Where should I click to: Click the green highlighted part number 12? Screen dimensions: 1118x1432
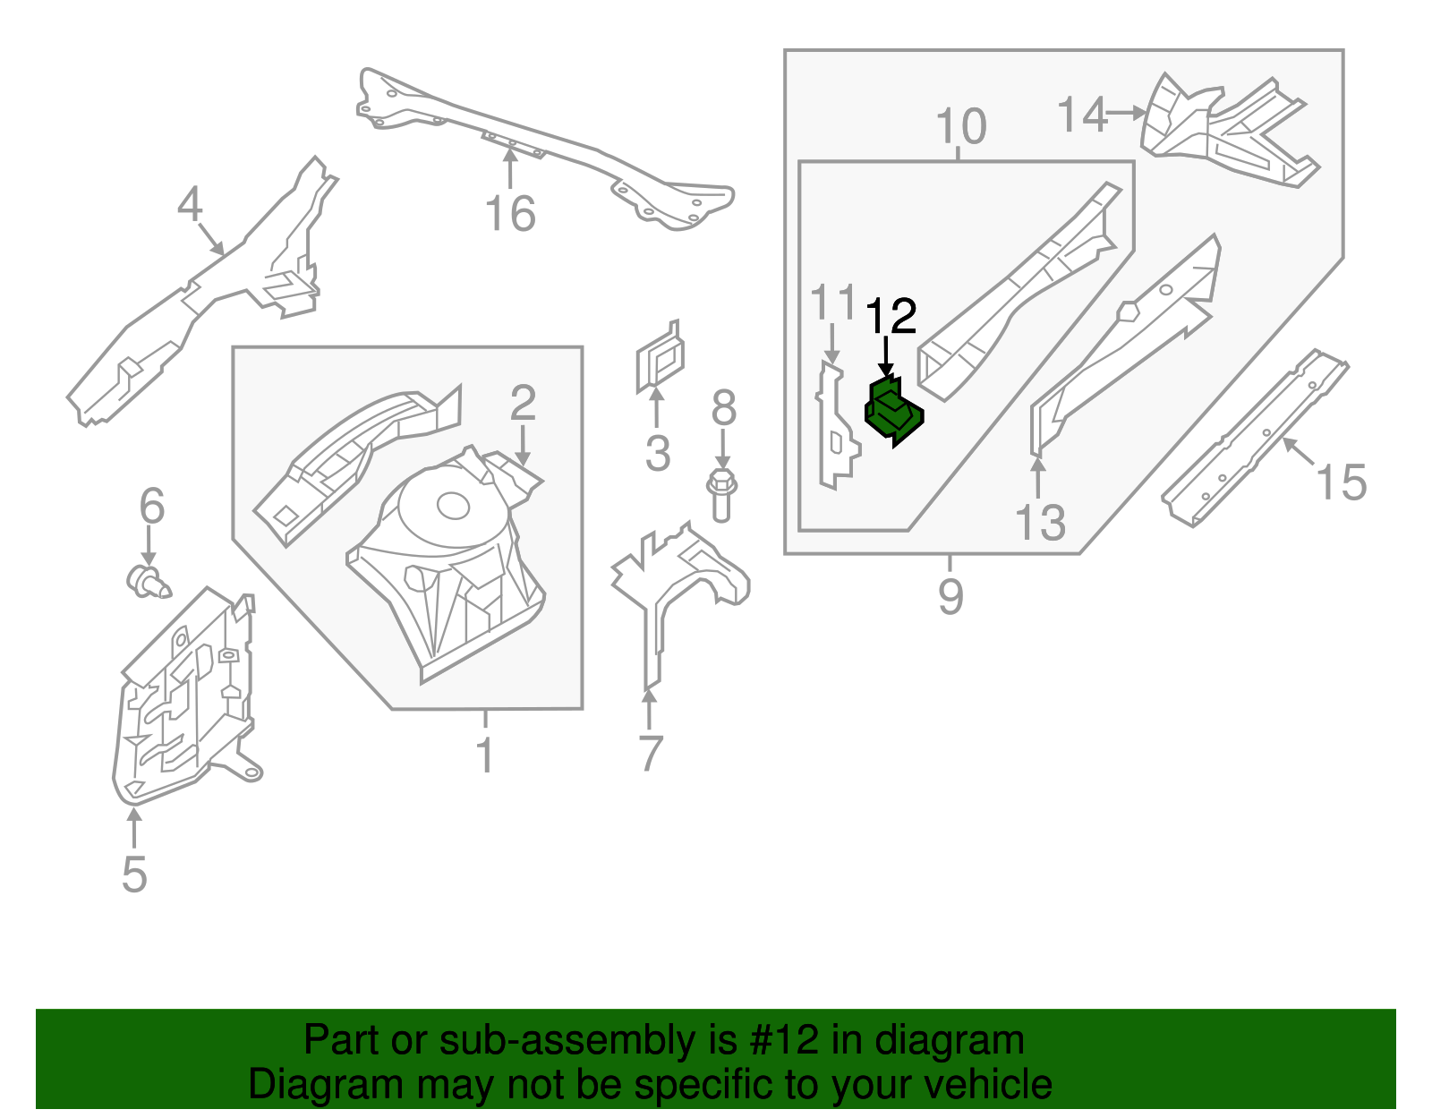click(893, 412)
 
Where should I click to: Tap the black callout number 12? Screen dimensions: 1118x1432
click(891, 317)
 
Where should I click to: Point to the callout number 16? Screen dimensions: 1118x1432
click(510, 214)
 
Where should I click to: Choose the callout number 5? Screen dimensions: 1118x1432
click(134, 874)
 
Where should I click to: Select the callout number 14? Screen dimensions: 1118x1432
click(1082, 115)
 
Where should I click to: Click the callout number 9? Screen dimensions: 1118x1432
click(950, 596)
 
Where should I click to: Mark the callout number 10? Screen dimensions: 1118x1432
click(960, 127)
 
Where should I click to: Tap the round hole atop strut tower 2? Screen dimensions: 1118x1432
click(452, 507)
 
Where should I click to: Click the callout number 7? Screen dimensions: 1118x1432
click(651, 754)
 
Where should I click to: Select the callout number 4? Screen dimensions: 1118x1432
click(190, 206)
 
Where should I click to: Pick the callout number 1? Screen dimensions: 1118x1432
click(484, 755)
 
